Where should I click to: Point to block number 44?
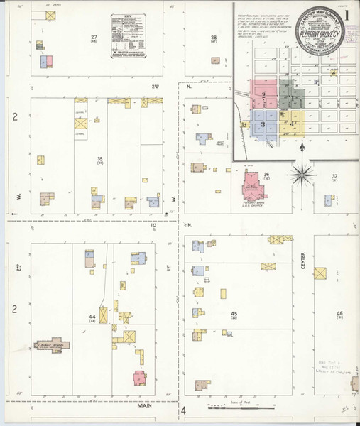pyautogui.click(x=91, y=315)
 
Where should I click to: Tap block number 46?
pyautogui.click(x=339, y=313)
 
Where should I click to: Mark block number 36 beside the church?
pyautogui.click(x=267, y=174)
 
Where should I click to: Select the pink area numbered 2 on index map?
pyautogui.click(x=263, y=94)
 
